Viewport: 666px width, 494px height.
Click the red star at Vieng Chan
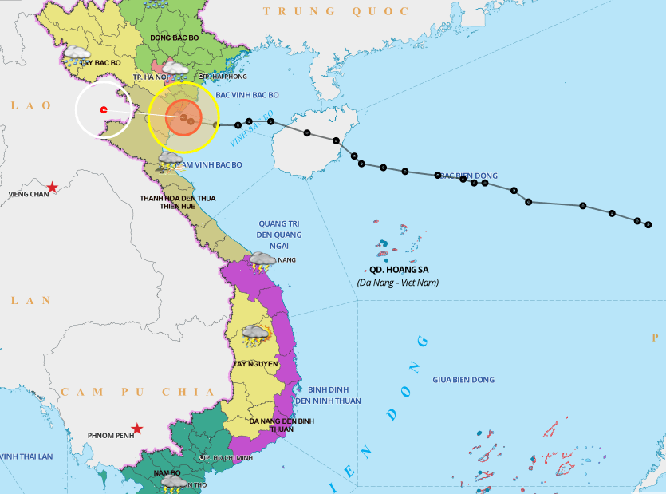(52, 188)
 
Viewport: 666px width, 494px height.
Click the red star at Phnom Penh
(137, 429)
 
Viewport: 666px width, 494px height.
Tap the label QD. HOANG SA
(398, 270)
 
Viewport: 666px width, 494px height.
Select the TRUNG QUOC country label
(336, 11)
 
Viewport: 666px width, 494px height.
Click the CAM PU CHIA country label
(136, 392)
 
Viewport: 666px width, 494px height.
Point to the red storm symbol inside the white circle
(104, 109)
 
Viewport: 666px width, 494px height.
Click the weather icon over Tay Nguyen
(256, 335)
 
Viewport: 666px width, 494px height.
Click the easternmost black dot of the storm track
(648, 224)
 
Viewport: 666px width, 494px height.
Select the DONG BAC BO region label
(174, 38)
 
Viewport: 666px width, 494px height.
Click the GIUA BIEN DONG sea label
(463, 380)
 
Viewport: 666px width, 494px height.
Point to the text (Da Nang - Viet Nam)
(398, 283)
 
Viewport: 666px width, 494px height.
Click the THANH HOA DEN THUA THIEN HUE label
(177, 203)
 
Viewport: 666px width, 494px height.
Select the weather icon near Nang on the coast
(262, 261)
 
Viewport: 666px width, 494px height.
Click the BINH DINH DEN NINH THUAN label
(328, 395)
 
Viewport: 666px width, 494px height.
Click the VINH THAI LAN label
(26, 456)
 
